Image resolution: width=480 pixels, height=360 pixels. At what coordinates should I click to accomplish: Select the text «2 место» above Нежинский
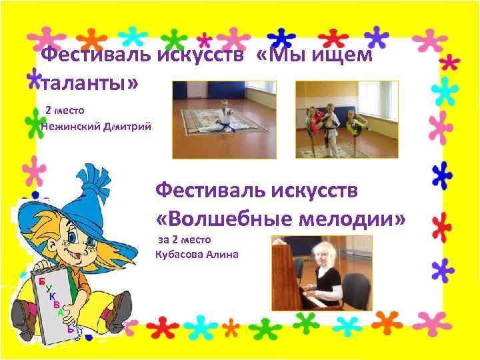point(65,109)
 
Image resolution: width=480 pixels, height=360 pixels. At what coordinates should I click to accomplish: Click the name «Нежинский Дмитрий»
point(96,125)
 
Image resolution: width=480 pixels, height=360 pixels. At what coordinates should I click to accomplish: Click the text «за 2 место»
point(184,239)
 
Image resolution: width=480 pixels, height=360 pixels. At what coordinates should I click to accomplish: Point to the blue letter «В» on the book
point(56,304)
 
